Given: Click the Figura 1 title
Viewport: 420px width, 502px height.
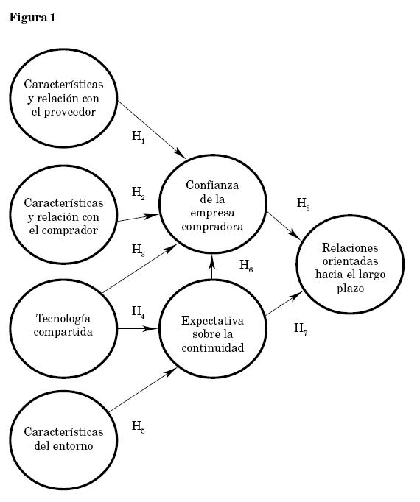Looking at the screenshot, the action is click(x=32, y=17).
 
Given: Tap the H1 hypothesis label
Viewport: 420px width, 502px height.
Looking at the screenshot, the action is click(x=139, y=137).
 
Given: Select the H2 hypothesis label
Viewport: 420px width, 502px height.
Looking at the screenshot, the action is click(x=139, y=193).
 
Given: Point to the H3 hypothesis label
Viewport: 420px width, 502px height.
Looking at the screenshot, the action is click(x=139, y=250).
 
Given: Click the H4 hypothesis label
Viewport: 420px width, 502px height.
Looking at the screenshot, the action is click(x=139, y=312).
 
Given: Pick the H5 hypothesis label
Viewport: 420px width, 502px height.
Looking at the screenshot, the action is click(x=139, y=427).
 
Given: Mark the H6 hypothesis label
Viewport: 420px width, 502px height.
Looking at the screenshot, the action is click(x=246, y=266).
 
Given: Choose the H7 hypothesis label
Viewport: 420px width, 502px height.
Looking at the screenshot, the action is click(x=301, y=329).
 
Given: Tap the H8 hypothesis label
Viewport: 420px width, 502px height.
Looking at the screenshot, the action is click(x=304, y=204).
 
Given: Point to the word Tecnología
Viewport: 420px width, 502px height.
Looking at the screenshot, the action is click(x=63, y=319).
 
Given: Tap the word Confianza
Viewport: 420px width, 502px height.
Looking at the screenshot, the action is click(x=212, y=185).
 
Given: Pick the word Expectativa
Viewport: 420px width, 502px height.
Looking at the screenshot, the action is click(x=212, y=321).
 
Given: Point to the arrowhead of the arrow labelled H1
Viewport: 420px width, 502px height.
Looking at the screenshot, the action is click(x=181, y=154).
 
